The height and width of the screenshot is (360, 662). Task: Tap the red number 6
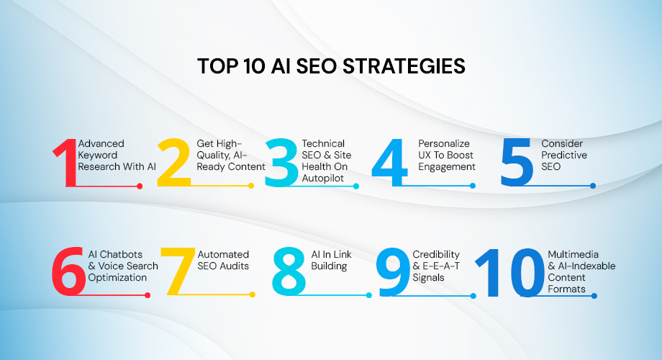(x=68, y=272)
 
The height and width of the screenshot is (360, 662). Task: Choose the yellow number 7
(x=176, y=272)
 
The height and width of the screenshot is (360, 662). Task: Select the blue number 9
(x=393, y=272)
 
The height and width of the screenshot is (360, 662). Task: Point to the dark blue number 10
(x=509, y=272)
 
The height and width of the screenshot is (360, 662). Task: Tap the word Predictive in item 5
(x=564, y=155)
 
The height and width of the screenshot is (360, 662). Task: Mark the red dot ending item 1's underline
(x=140, y=186)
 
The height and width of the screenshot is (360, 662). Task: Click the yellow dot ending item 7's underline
(x=252, y=294)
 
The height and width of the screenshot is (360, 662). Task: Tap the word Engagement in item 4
(x=447, y=166)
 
